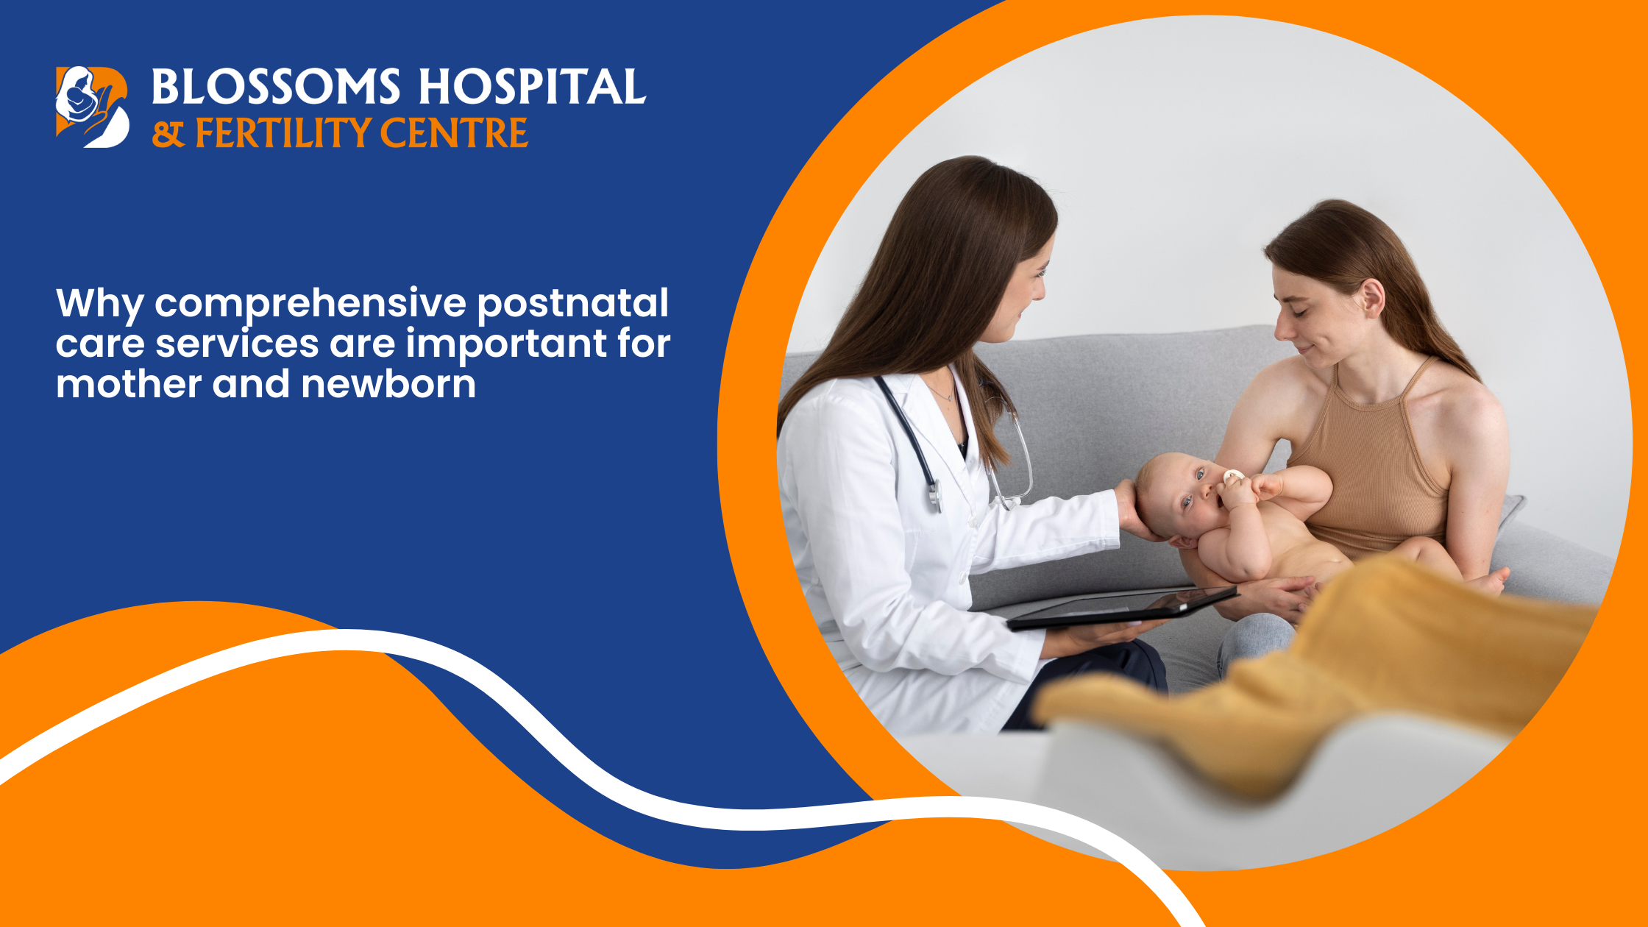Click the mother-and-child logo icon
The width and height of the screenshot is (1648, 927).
coord(92,107)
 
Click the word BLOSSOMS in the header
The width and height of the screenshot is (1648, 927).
coord(276,87)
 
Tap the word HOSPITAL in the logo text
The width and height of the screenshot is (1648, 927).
coord(532,87)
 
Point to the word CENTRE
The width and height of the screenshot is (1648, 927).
coord(454,133)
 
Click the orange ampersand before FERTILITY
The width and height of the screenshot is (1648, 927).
coord(168,135)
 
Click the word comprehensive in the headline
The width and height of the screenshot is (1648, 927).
coord(310,304)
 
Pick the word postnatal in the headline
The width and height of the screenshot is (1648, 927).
coord(572,304)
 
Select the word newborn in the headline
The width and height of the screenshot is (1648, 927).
coord(388,384)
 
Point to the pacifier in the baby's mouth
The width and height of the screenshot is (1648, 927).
coord(1233,477)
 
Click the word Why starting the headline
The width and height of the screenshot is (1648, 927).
coord(99,304)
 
